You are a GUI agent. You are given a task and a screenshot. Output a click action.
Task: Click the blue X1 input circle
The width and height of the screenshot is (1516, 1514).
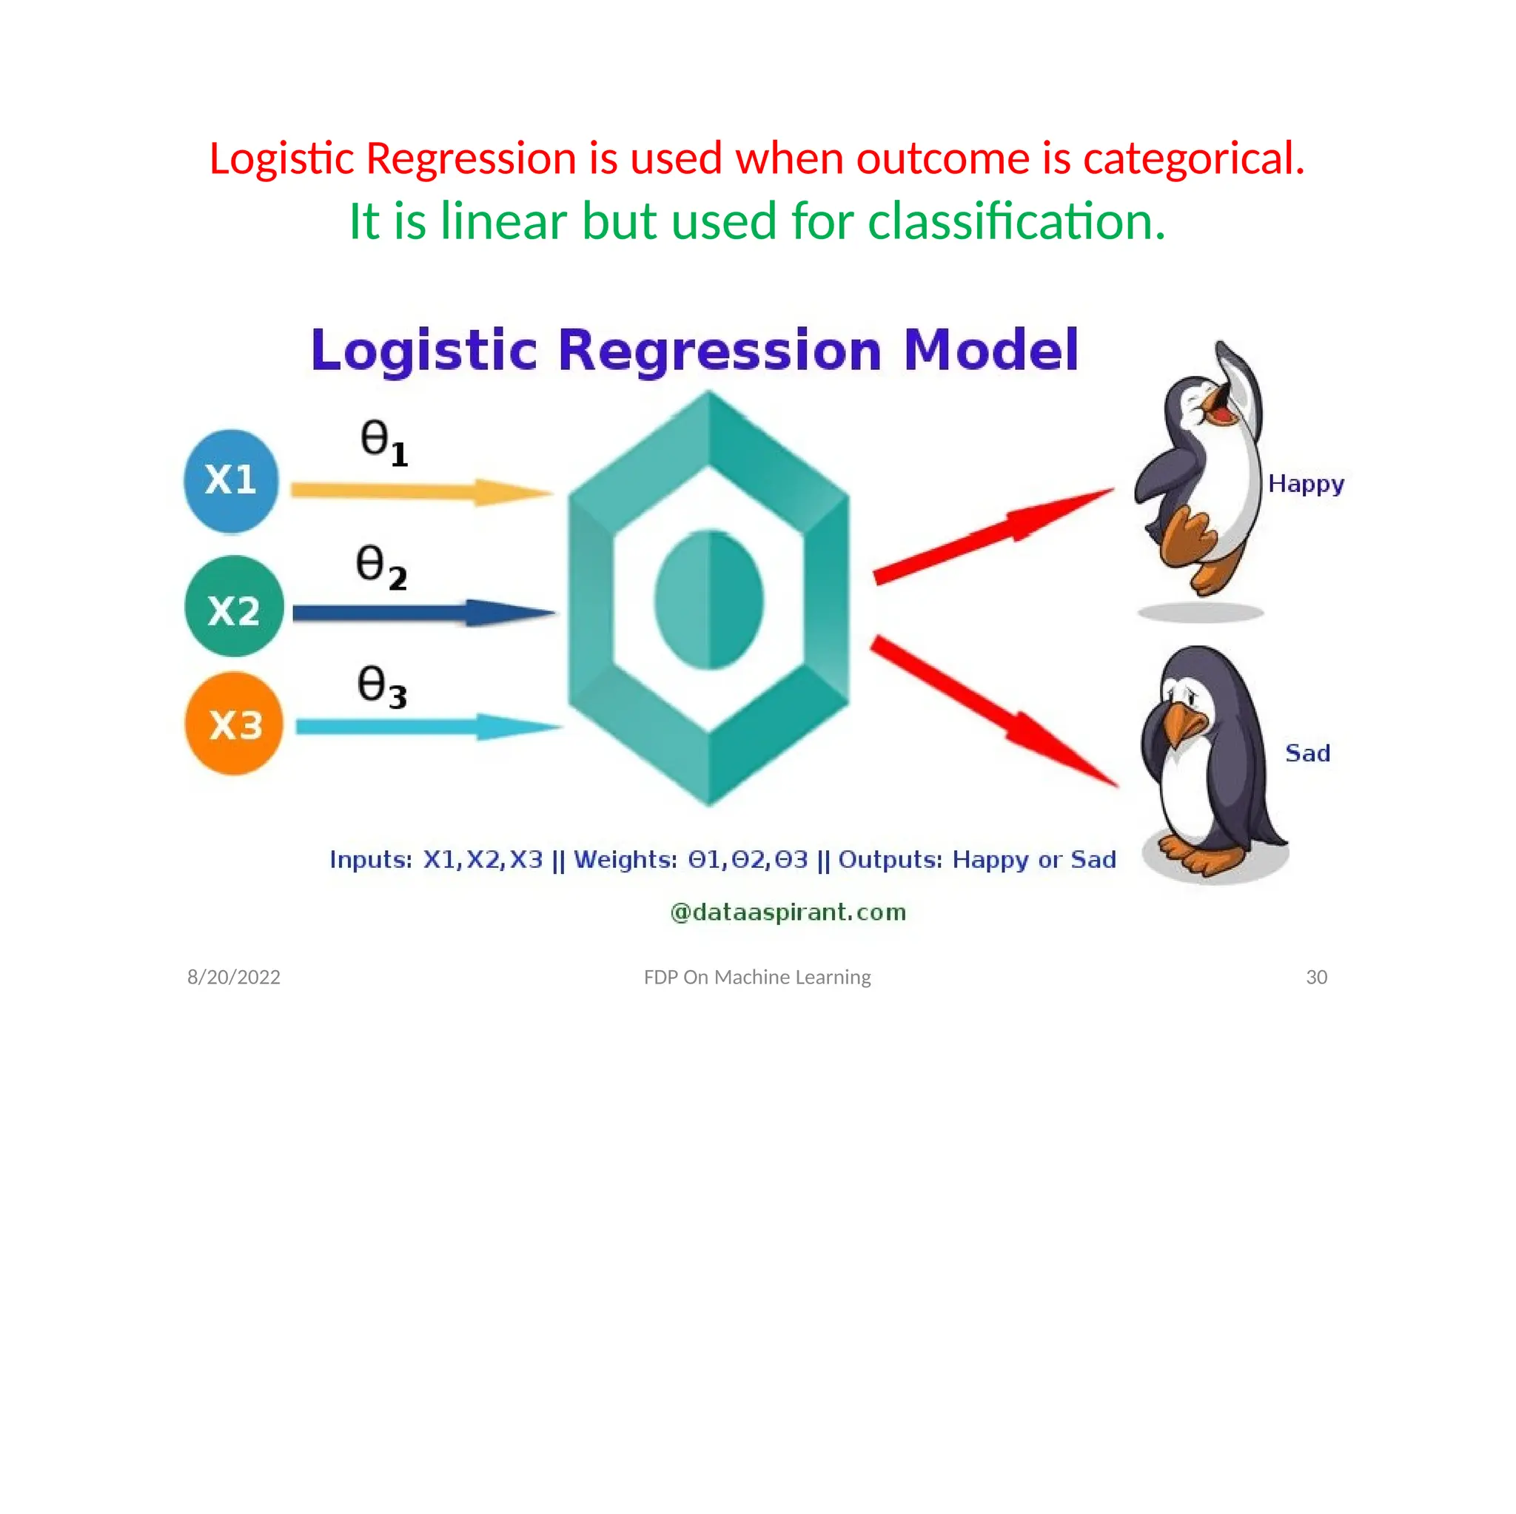point(231,480)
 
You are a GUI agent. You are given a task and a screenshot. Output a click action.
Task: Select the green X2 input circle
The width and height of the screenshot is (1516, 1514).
point(234,606)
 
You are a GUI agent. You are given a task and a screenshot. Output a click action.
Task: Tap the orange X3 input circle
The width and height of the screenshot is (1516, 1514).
point(234,723)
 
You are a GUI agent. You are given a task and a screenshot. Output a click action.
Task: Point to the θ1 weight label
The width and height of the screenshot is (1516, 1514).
point(383,443)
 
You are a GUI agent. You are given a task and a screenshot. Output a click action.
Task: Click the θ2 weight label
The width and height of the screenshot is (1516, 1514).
point(380,566)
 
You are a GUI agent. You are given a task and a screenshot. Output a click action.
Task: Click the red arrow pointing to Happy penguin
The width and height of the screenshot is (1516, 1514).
point(993,536)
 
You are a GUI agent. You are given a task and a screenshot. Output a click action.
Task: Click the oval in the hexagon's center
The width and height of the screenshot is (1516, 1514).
point(708,600)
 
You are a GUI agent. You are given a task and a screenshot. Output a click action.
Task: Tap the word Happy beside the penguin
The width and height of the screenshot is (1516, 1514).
point(1306,484)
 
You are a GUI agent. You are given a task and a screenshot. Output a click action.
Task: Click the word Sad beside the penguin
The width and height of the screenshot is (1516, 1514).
point(1307,753)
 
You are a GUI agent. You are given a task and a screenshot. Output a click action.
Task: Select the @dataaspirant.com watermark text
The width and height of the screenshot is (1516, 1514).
point(788,912)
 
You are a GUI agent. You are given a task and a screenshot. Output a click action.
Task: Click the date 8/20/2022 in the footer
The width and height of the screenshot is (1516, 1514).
point(234,978)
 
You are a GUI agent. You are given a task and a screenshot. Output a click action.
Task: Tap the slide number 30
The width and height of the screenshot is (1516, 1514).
point(1316,978)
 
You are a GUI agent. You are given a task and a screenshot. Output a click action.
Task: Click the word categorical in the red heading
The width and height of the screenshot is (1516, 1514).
point(1193,158)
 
